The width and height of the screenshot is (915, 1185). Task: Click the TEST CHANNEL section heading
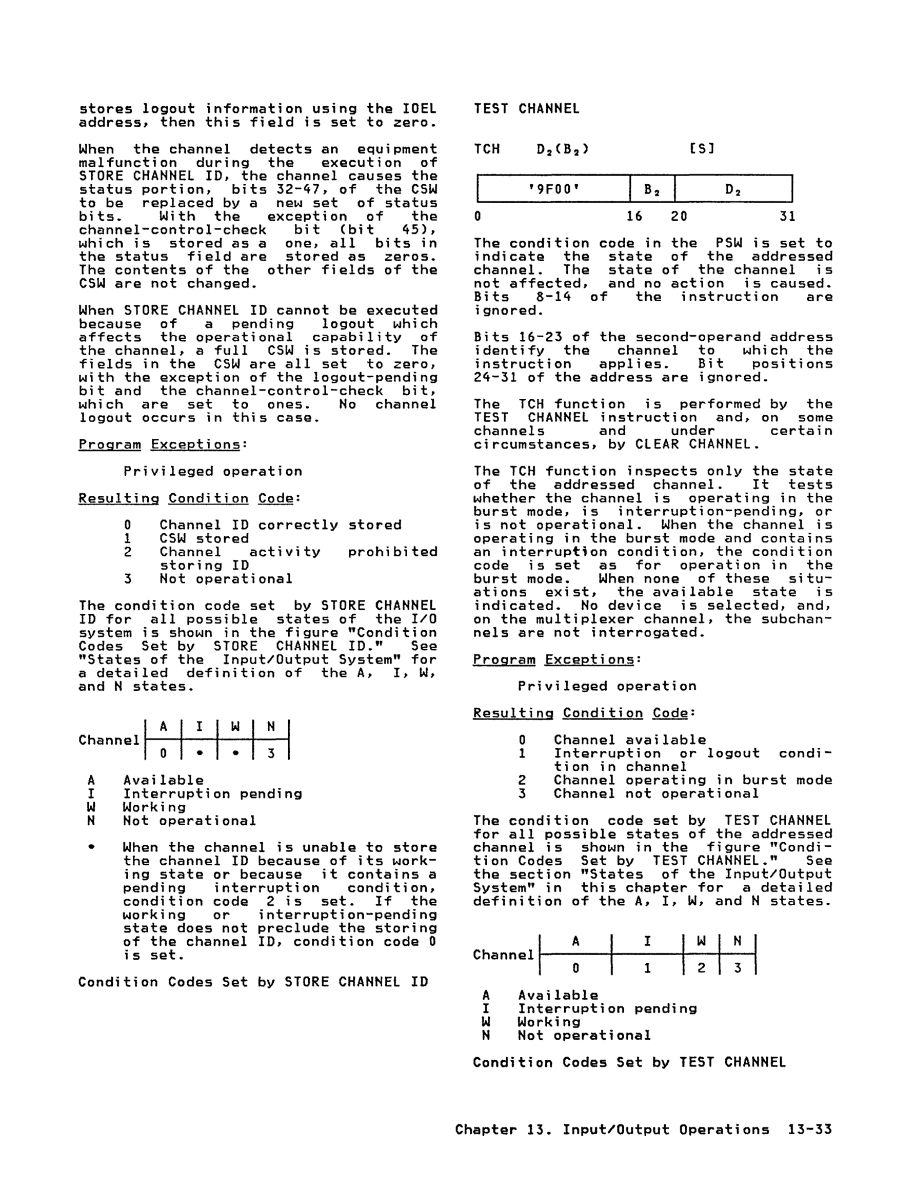pyautogui.click(x=526, y=108)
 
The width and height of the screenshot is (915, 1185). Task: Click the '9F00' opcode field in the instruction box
pyautogui.click(x=554, y=189)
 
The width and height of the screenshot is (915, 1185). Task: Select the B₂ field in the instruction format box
pyautogui.click(x=652, y=189)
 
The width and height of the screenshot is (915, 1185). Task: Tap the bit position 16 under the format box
pyautogui.click(x=634, y=217)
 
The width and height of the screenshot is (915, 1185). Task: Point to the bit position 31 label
pyautogui.click(x=787, y=217)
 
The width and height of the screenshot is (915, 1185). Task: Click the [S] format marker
pyautogui.click(x=701, y=149)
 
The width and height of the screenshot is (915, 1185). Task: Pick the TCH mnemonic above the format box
pyautogui.click(x=487, y=149)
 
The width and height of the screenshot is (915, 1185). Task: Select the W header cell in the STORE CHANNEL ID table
pyautogui.click(x=235, y=727)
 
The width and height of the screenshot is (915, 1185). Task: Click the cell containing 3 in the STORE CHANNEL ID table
pyautogui.click(x=271, y=753)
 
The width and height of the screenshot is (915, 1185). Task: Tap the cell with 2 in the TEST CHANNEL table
pyautogui.click(x=701, y=968)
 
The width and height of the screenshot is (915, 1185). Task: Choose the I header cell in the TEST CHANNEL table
pyautogui.click(x=647, y=941)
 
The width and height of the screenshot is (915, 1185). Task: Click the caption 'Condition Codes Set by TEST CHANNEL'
pyautogui.click(x=629, y=1062)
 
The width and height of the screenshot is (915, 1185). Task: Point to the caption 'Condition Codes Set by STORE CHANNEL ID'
pyautogui.click(x=253, y=982)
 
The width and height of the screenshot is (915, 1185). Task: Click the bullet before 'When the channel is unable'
pyautogui.click(x=91, y=847)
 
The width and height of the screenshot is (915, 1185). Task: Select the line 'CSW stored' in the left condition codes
pyautogui.click(x=204, y=539)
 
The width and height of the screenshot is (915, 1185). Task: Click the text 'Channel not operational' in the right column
pyautogui.click(x=656, y=794)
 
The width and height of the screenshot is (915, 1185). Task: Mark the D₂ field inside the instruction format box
pyautogui.click(x=733, y=189)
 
